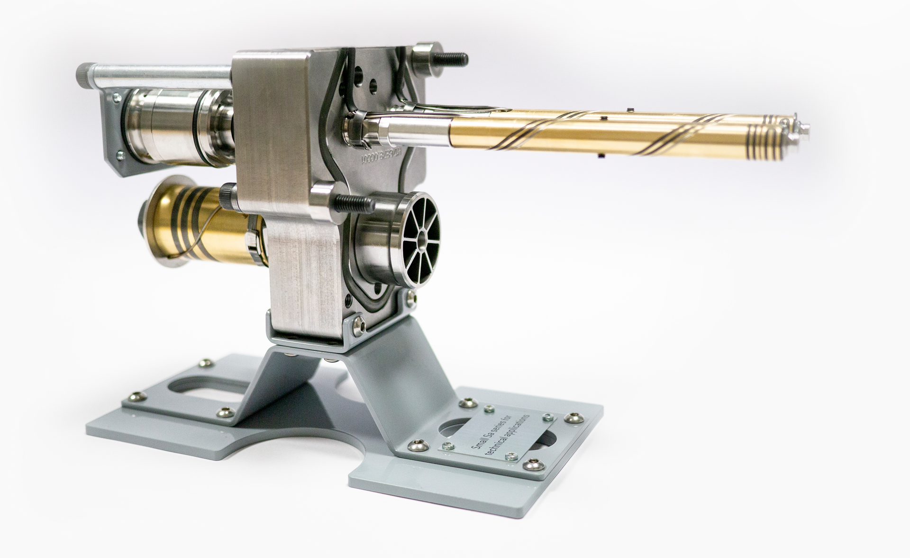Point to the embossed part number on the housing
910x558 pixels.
coord(382,156)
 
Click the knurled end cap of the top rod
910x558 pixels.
coord(86,75)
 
